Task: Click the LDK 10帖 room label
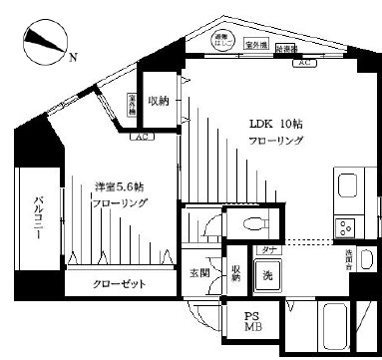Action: click(273, 125)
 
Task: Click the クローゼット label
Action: click(120, 284)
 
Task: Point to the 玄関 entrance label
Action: click(198, 273)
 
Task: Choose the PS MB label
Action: click(252, 322)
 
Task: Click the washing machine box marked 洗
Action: click(267, 276)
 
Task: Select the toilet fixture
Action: click(199, 224)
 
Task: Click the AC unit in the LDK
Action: click(300, 63)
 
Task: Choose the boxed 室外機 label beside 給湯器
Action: click(256, 45)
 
